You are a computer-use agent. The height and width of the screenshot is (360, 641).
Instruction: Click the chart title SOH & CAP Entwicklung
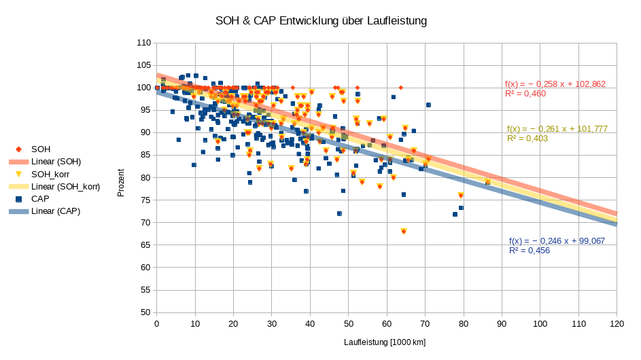click(x=321, y=21)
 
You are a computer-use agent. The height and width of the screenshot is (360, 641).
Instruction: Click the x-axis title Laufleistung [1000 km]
click(x=385, y=342)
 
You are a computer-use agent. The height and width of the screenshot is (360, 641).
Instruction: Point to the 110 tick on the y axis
click(x=144, y=43)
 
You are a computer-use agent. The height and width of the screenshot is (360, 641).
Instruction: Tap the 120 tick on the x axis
click(x=617, y=324)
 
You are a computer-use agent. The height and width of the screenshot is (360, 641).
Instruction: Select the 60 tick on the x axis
click(x=387, y=324)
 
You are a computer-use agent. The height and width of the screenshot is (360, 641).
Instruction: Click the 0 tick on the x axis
click(x=157, y=324)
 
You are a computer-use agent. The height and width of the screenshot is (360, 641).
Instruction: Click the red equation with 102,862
click(x=555, y=84)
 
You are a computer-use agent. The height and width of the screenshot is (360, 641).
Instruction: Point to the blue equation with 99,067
click(x=557, y=241)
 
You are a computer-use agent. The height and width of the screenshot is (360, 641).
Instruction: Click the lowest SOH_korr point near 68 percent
click(x=404, y=231)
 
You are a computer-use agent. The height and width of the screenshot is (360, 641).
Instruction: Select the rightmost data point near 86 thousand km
click(x=487, y=182)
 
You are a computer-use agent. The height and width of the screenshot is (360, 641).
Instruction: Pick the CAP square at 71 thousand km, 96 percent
click(x=428, y=105)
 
